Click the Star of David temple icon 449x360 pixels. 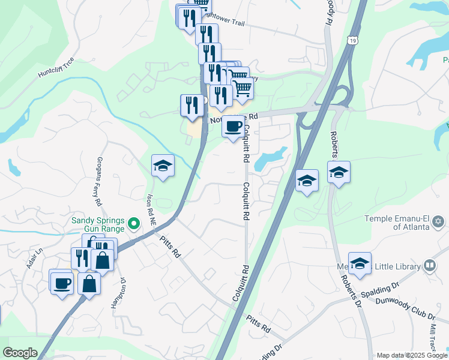[438, 223]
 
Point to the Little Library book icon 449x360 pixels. [429, 265]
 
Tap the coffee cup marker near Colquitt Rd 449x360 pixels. [233, 127]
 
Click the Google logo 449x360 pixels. [20, 353]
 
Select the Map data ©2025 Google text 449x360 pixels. [412, 355]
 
